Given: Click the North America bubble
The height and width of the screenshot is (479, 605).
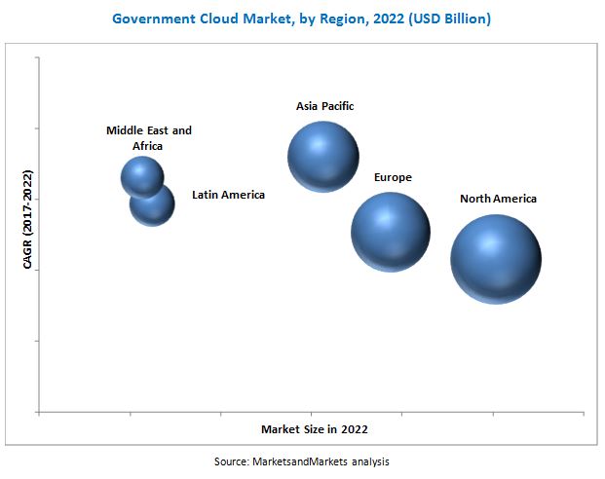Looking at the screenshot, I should click(495, 258).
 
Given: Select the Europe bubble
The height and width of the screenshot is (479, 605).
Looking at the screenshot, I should click(390, 232).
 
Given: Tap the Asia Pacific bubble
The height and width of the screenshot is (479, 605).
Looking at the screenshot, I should click(323, 157).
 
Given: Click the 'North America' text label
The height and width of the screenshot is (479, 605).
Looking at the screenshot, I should click(498, 199).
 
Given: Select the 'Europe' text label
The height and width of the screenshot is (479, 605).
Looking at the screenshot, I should click(393, 177).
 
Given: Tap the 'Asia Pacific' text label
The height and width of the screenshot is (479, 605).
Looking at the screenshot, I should click(324, 105).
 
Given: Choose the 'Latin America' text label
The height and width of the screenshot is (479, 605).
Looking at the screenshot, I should click(228, 195).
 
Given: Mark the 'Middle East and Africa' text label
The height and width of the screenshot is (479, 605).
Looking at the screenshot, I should click(149, 137).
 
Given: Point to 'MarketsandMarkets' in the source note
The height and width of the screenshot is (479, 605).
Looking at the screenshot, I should click(300, 461).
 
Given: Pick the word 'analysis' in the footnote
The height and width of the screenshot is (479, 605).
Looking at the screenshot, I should click(370, 461).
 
